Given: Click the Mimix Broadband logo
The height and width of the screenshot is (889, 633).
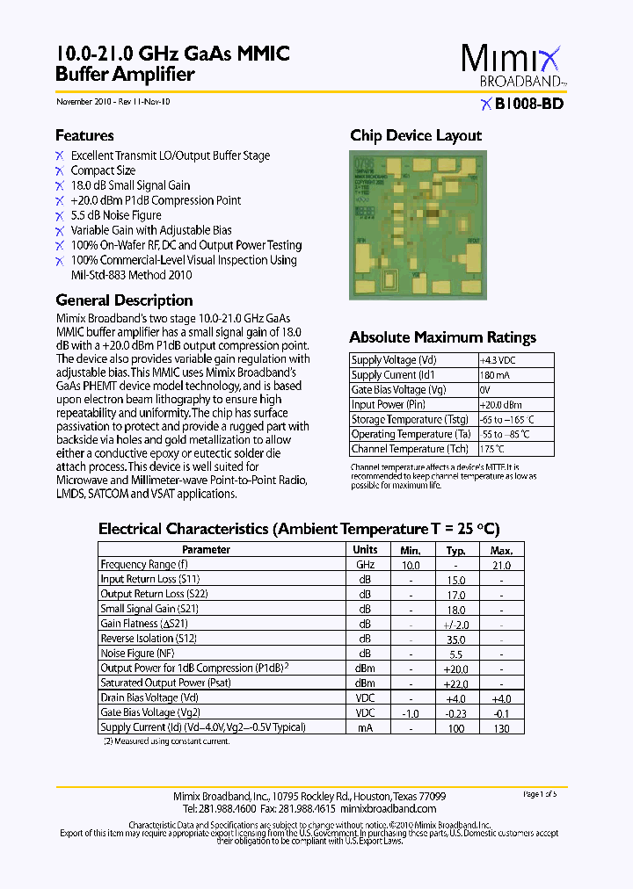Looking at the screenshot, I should (511, 67).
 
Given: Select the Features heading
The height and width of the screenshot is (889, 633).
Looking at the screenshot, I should (84, 135).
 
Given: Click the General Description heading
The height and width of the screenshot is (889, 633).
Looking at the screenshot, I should (124, 300).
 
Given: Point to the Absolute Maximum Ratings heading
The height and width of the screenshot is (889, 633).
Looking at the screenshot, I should (442, 337).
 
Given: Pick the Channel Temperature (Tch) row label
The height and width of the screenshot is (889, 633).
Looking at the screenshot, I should (410, 449).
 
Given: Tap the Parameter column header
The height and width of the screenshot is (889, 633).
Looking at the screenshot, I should (206, 550).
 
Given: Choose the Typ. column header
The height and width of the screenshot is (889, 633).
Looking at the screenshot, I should (455, 550).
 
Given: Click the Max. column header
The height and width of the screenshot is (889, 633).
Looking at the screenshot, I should (501, 550).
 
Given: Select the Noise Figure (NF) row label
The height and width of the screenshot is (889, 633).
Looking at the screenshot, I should (137, 654).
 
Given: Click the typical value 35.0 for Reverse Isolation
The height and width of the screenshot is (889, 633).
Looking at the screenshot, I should (455, 639).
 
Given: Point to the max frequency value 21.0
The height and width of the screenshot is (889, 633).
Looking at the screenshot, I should (501, 565).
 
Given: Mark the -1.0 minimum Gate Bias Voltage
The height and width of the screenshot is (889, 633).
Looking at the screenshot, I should (410, 712).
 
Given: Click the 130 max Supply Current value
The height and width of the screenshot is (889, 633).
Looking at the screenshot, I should (501, 727).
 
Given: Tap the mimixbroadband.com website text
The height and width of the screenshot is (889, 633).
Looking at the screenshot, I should (388, 808).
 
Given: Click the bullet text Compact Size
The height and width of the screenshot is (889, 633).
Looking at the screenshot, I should (103, 170).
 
